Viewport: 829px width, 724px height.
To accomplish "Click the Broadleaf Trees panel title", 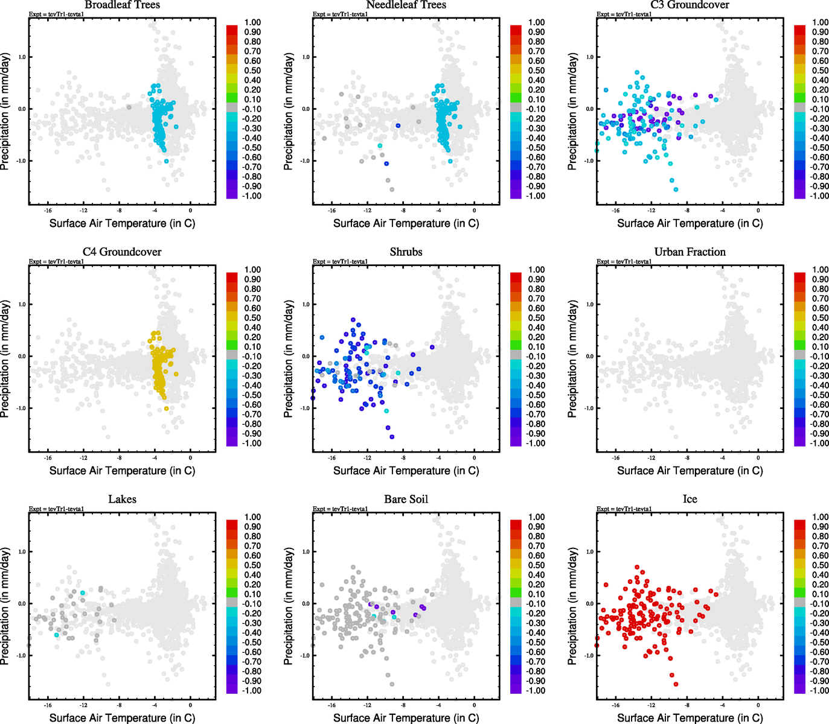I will [x=122, y=5].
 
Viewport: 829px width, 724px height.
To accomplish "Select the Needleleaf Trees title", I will [x=406, y=5].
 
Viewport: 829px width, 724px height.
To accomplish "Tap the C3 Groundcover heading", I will [x=690, y=5].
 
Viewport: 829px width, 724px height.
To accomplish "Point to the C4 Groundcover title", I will [x=122, y=252].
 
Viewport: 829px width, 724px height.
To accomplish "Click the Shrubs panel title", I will [x=406, y=252].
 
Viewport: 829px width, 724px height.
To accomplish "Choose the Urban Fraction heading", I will [x=690, y=252].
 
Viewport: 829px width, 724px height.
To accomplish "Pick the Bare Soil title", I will [x=406, y=500].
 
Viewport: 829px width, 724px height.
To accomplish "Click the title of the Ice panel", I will [x=690, y=500].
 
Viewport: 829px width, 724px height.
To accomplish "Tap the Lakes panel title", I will [x=122, y=500].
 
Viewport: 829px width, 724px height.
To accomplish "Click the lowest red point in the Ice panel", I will [x=676, y=684].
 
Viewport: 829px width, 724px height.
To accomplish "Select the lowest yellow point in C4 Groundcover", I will [x=167, y=408].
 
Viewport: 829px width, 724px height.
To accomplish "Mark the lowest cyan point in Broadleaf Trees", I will [x=167, y=161].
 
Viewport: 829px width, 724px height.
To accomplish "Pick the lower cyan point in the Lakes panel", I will [x=57, y=635].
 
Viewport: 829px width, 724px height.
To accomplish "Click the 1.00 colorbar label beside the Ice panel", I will [x=820, y=517].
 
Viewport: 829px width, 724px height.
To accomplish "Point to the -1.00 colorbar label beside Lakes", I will [x=251, y=691].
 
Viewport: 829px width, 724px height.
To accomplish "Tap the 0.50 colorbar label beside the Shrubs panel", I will [x=536, y=318].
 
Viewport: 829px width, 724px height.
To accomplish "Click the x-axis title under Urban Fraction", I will [x=690, y=471].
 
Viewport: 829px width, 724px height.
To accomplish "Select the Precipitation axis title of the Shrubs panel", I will [x=289, y=359].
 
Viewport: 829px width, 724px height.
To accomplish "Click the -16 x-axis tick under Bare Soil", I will [x=331, y=705].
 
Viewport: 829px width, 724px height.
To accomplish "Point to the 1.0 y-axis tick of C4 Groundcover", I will [x=21, y=305].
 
